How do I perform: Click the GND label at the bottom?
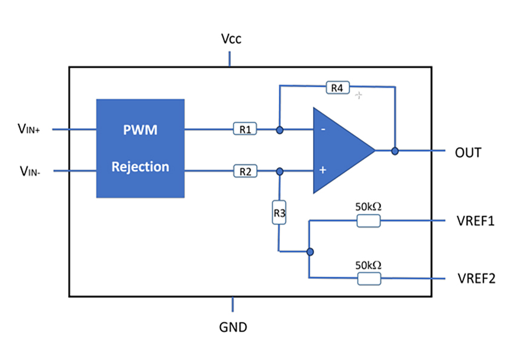click(x=233, y=327)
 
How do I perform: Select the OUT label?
click(x=468, y=152)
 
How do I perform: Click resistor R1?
click(x=245, y=129)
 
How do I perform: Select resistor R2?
click(x=245, y=171)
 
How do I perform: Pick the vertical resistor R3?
click(x=279, y=212)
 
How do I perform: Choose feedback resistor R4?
click(x=337, y=88)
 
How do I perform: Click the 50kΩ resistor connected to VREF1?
click(x=368, y=221)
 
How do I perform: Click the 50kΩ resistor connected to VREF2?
click(x=368, y=278)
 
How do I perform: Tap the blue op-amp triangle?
click(x=339, y=151)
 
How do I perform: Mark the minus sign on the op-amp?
click(x=322, y=129)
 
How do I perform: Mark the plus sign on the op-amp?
click(x=322, y=171)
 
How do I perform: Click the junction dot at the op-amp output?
click(x=395, y=151)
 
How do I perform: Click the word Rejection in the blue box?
click(x=140, y=166)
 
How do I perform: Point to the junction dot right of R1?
click(x=279, y=129)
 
